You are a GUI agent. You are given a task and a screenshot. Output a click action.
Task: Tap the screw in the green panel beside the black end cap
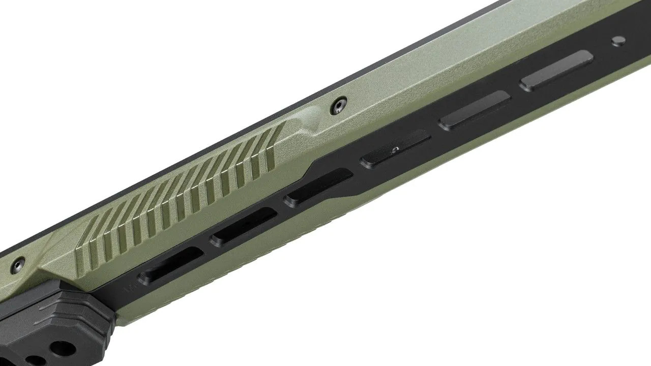pyautogui.click(x=19, y=263)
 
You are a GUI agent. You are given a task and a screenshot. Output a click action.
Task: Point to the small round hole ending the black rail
pyautogui.click(x=617, y=41)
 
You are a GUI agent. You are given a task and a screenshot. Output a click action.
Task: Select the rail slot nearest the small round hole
pyautogui.click(x=556, y=70)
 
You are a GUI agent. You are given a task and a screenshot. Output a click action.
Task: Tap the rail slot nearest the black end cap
pyautogui.click(x=171, y=264)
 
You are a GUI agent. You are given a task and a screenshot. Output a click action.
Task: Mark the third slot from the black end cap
pyautogui.click(x=319, y=187)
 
